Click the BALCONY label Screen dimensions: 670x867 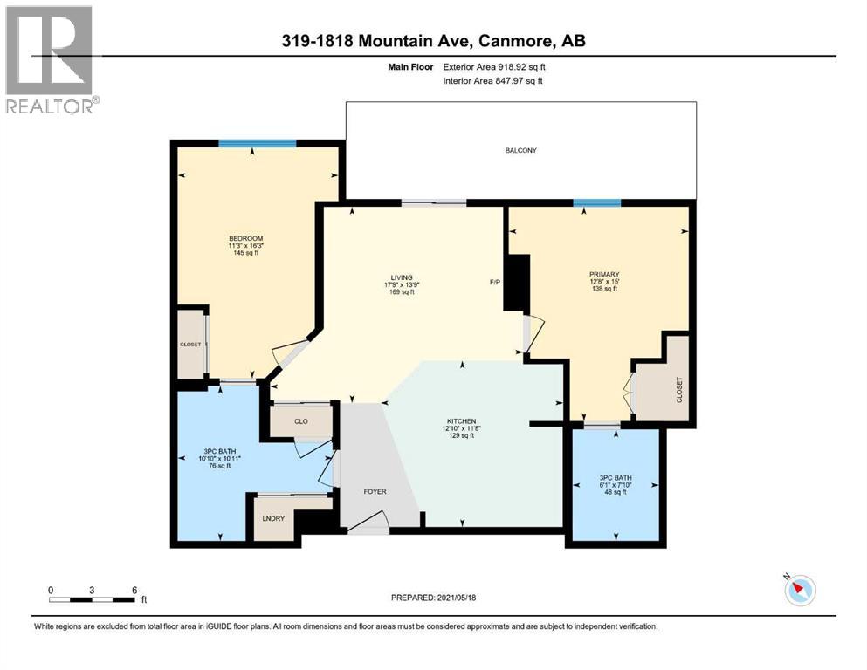tap(520, 150)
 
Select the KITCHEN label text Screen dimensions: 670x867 tap(460, 420)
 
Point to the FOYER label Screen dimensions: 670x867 tap(375, 492)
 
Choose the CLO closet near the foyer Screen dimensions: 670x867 tap(300, 420)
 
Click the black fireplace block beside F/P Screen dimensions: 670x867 tap(519, 281)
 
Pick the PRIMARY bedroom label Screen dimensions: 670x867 tap(603, 273)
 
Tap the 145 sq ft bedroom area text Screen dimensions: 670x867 tap(246, 253)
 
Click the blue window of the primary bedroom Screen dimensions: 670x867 tap(597, 202)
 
